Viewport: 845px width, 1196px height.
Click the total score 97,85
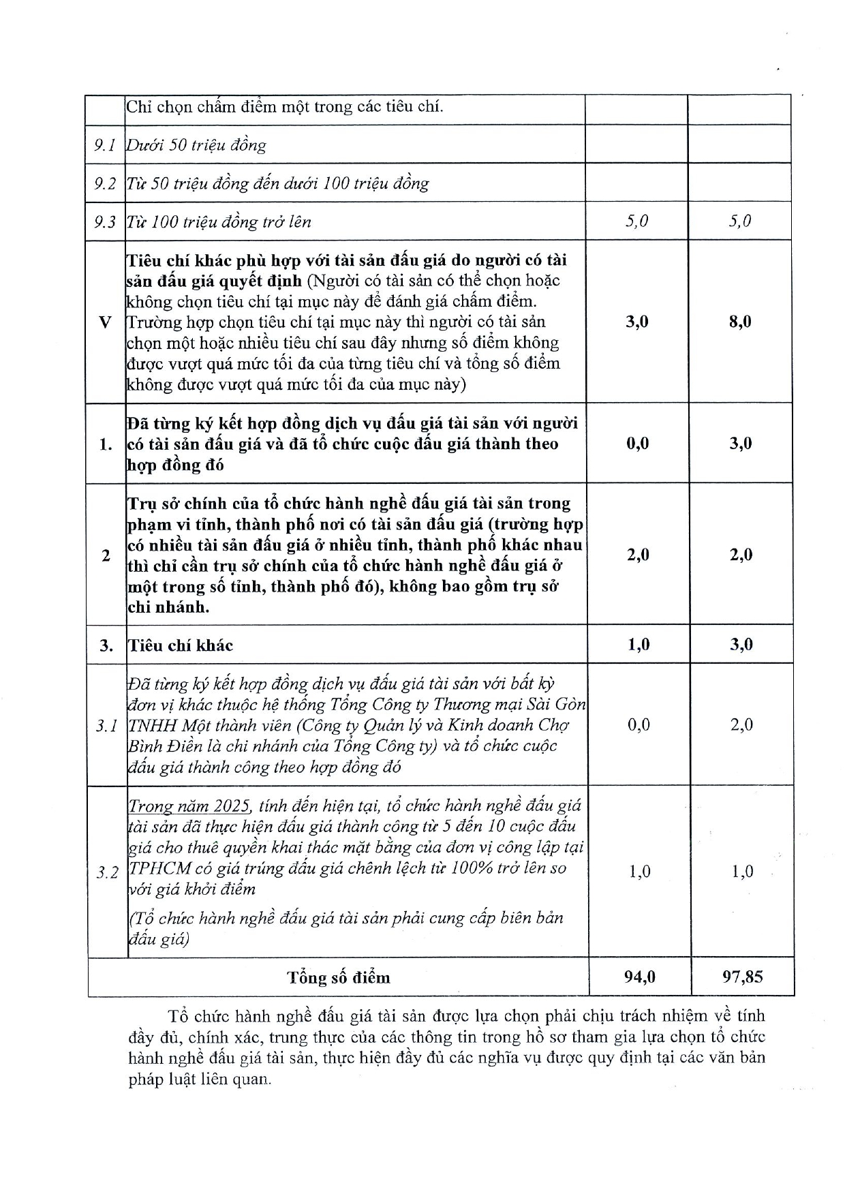[742, 977]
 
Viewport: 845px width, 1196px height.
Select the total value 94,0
[639, 977]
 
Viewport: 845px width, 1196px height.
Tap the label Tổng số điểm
[339, 978]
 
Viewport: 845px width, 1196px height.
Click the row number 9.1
[105, 145]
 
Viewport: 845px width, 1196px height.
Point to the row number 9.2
[105, 183]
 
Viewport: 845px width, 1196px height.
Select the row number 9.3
[105, 221]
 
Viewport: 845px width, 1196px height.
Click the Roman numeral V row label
[105, 322]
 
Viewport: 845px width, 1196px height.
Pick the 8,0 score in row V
[740, 322]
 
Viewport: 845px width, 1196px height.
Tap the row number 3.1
[106, 726]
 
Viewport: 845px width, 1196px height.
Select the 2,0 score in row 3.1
[741, 724]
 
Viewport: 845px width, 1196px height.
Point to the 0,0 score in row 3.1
[639, 724]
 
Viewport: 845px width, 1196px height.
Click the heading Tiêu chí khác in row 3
[181, 645]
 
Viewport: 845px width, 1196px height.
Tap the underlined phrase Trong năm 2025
[190, 806]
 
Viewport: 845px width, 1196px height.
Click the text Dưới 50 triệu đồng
[196, 145]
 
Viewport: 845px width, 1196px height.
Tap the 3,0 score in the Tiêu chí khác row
[741, 645]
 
